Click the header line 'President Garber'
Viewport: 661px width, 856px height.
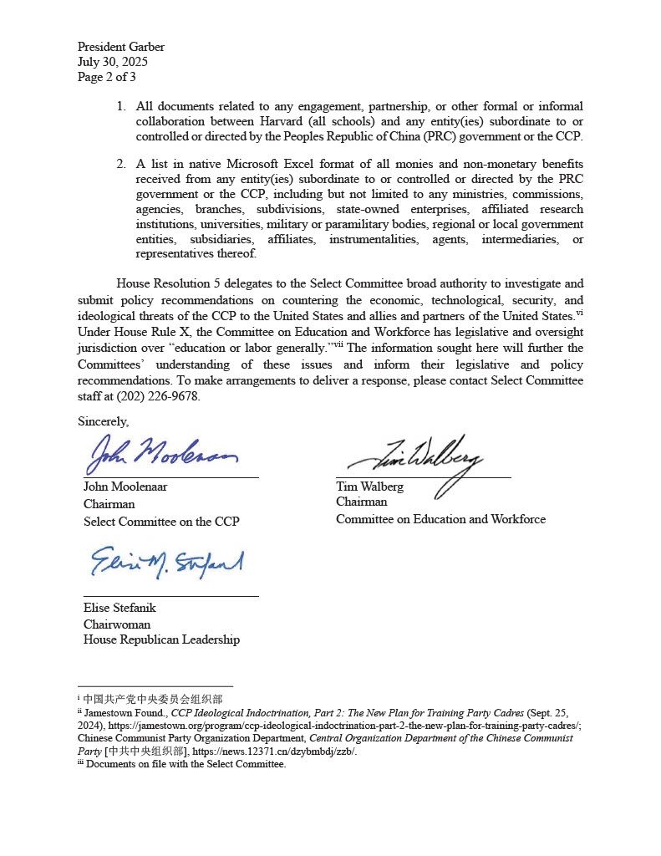coord(120,47)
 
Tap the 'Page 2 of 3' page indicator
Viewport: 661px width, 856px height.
coord(106,77)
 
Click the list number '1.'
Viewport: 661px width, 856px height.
coord(121,106)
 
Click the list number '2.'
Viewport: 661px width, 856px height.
coord(121,164)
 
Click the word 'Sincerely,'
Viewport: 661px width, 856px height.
coord(103,421)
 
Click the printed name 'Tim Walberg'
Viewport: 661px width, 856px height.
coord(369,487)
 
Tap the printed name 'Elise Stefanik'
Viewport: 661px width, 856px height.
coord(119,608)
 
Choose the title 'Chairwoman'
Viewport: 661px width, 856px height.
coord(117,624)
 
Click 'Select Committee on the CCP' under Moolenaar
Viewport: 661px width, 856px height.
coord(161,522)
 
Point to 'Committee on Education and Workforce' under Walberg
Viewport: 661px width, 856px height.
coord(440,519)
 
